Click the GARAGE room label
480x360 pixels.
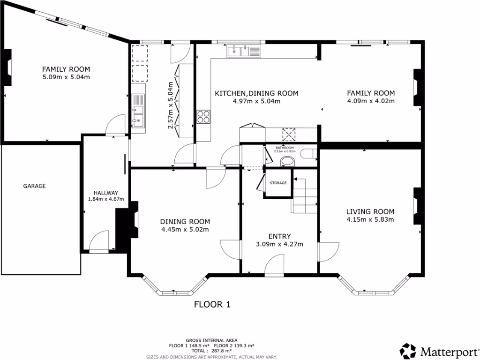pyautogui.click(x=35, y=186)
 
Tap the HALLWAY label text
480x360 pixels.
pyautogui.click(x=105, y=193)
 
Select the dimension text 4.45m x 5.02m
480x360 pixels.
pyautogui.click(x=185, y=229)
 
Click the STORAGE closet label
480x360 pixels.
pyautogui.click(x=278, y=183)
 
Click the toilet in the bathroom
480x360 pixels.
pyautogui.click(x=287, y=162)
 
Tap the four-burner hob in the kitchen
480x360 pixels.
pyautogui.click(x=203, y=116)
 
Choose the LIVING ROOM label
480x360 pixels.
pyautogui.click(x=370, y=211)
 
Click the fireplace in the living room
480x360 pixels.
pyautogui.click(x=417, y=207)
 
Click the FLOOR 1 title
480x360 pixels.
pyautogui.click(x=212, y=305)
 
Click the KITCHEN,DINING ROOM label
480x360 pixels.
pyautogui.click(x=256, y=93)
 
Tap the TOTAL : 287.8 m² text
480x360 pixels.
pyautogui.click(x=213, y=350)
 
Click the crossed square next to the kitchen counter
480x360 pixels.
pyautogui.click(x=289, y=135)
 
